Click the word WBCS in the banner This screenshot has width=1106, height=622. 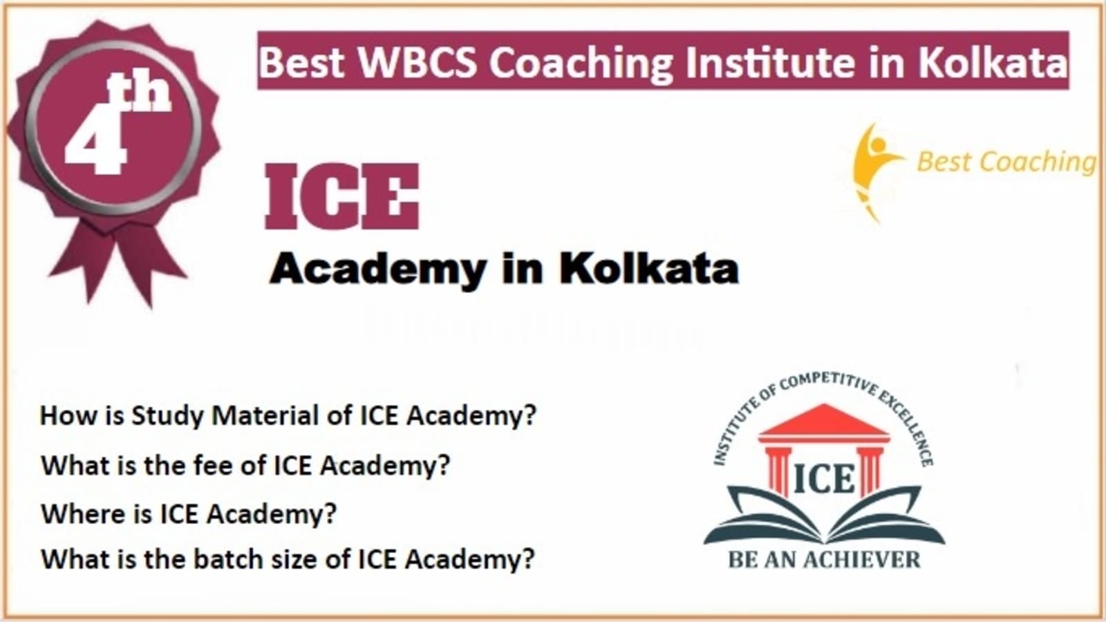click(x=418, y=62)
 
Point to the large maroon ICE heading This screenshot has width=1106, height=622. click(x=341, y=196)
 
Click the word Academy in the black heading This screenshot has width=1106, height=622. click(x=377, y=270)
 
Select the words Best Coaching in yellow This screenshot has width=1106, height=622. click(x=1007, y=162)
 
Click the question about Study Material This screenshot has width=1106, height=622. click(x=288, y=416)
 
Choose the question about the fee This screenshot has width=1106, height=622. click(x=245, y=466)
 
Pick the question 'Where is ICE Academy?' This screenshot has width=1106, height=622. click(x=189, y=514)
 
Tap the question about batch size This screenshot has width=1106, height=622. click(x=288, y=560)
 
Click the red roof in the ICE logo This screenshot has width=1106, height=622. click(x=823, y=423)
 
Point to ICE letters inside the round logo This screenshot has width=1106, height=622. click(x=823, y=478)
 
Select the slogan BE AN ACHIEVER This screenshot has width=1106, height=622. click(x=824, y=560)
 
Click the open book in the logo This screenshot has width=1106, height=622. click(x=824, y=516)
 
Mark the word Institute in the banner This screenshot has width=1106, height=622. click(x=770, y=62)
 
